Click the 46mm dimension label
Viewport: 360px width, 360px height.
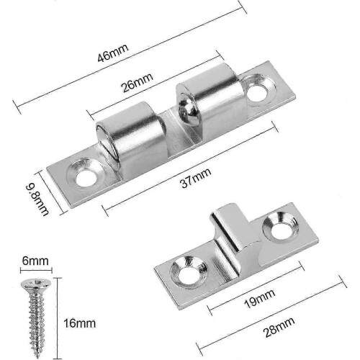click(x=113, y=53)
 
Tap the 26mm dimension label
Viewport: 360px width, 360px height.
click(x=138, y=82)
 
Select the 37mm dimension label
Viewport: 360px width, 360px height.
click(x=196, y=178)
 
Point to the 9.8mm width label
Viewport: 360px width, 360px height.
click(x=37, y=199)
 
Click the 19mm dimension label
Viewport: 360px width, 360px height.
click(x=259, y=299)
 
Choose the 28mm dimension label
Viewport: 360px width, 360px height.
click(x=279, y=327)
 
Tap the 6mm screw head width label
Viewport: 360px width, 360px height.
click(x=35, y=261)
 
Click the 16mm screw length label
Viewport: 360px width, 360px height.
click(x=79, y=323)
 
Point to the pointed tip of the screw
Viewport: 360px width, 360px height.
click(x=37, y=357)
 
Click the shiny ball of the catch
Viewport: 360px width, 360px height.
click(x=188, y=110)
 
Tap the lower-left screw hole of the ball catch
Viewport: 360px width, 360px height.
click(x=86, y=178)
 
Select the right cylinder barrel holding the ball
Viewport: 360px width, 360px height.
click(x=211, y=101)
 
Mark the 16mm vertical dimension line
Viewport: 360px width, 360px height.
click(x=58, y=318)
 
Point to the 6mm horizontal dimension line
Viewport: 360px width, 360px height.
click(x=36, y=271)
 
